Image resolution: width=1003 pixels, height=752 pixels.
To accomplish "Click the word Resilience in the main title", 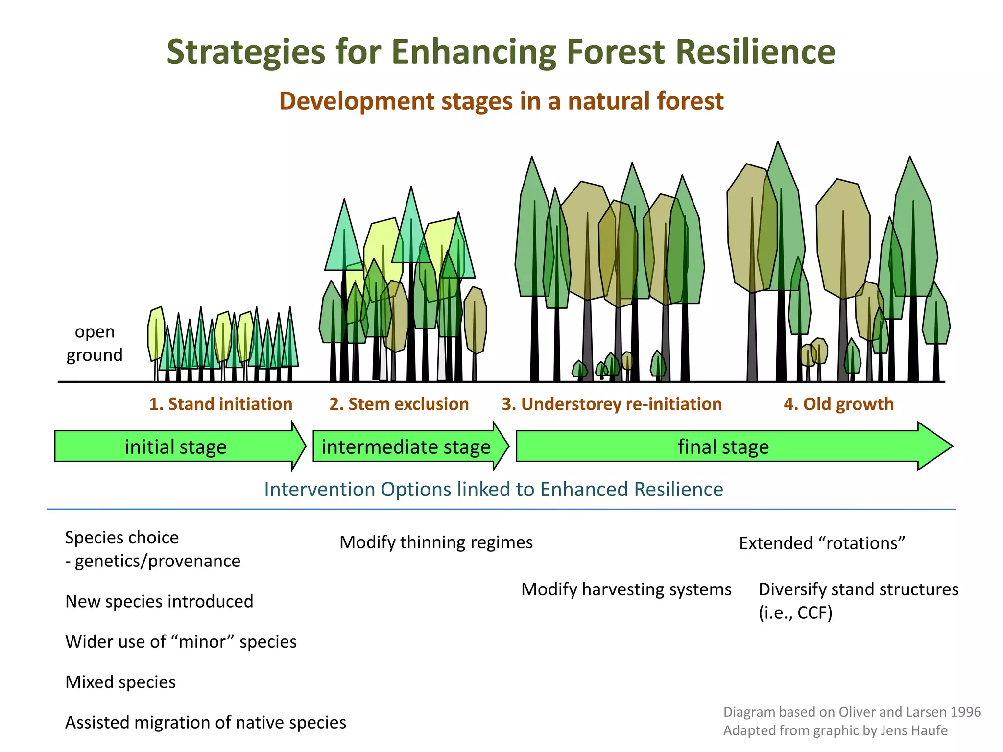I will pyautogui.click(x=755, y=52).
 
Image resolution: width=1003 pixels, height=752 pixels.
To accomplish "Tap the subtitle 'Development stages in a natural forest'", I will pyautogui.click(x=501, y=101).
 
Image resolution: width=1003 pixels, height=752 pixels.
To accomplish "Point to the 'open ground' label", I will pyautogui.click(x=95, y=343).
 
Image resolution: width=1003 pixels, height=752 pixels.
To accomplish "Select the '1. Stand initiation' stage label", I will pyautogui.click(x=220, y=404).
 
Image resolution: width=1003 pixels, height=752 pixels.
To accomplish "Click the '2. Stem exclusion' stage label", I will pyautogui.click(x=399, y=404).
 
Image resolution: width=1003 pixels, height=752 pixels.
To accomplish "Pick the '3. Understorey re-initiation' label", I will pyautogui.click(x=612, y=404).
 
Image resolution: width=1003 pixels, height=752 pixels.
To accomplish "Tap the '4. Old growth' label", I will pyautogui.click(x=838, y=404).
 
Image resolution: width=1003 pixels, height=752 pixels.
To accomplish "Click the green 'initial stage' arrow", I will pyautogui.click(x=175, y=447).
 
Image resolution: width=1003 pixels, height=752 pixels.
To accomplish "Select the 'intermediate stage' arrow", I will pyautogui.click(x=406, y=447).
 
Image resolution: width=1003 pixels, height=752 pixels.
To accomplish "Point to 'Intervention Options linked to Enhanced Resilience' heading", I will pyautogui.click(x=493, y=490).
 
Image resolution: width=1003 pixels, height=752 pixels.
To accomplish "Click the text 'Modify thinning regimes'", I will pyautogui.click(x=436, y=542).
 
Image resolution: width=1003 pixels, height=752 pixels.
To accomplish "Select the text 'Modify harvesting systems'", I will pyautogui.click(x=626, y=589).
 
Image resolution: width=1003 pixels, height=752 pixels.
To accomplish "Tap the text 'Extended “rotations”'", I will pyautogui.click(x=822, y=543).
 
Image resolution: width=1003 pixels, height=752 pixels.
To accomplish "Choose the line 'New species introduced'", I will pyautogui.click(x=159, y=601).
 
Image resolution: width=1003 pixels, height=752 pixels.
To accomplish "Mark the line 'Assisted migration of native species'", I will pyautogui.click(x=206, y=723).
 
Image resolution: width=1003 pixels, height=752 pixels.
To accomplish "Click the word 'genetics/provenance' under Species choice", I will pyautogui.click(x=157, y=561).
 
